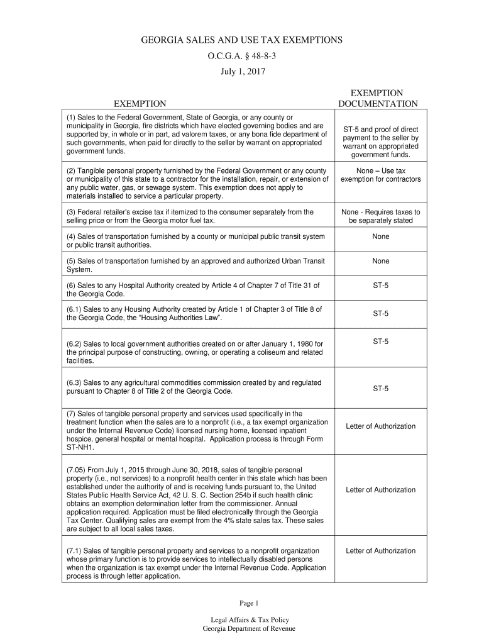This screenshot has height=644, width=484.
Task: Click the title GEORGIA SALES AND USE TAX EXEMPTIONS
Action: (x=241, y=40)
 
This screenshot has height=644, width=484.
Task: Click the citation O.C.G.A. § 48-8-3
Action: (x=241, y=56)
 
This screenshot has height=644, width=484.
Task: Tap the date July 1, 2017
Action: (x=242, y=72)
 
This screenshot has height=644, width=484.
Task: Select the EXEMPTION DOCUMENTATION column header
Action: (x=378, y=98)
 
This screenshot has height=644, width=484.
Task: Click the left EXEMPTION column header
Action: (x=140, y=104)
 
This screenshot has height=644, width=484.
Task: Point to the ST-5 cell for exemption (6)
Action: (x=380, y=286)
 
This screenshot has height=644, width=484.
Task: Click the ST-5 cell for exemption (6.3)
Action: (x=380, y=389)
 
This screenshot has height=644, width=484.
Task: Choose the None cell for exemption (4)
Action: (x=380, y=236)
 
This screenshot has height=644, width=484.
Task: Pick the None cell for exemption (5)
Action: (x=380, y=261)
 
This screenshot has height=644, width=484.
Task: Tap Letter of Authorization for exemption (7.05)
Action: (x=380, y=490)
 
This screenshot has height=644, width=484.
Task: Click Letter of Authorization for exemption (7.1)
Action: (x=380, y=551)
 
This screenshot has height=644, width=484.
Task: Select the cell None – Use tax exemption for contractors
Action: (x=380, y=175)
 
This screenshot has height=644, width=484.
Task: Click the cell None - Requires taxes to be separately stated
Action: (x=380, y=216)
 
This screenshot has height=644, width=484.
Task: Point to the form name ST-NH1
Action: (x=80, y=448)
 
